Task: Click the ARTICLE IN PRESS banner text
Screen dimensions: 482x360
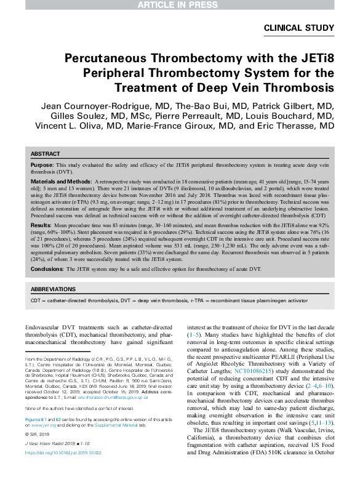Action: point(180,5)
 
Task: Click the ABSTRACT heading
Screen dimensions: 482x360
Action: point(46,154)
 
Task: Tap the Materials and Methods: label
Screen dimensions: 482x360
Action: point(60,183)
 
